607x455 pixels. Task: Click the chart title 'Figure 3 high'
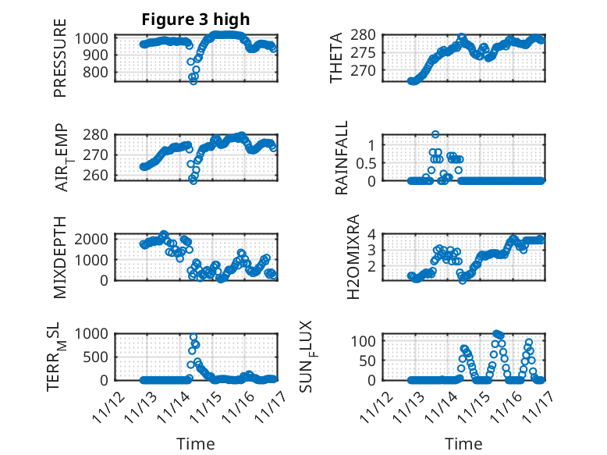(x=195, y=20)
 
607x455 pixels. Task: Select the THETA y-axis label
(x=335, y=58)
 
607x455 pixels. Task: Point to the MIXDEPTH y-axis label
(x=61, y=257)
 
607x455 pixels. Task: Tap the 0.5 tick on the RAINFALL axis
(x=367, y=162)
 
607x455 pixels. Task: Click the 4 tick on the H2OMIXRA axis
(x=374, y=234)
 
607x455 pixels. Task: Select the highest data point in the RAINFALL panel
(x=435, y=134)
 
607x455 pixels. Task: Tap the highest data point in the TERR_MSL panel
(x=193, y=337)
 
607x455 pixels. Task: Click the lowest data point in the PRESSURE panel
(x=193, y=80)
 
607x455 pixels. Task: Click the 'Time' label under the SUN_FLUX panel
(x=463, y=444)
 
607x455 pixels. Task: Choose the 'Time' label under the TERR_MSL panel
(x=195, y=444)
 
